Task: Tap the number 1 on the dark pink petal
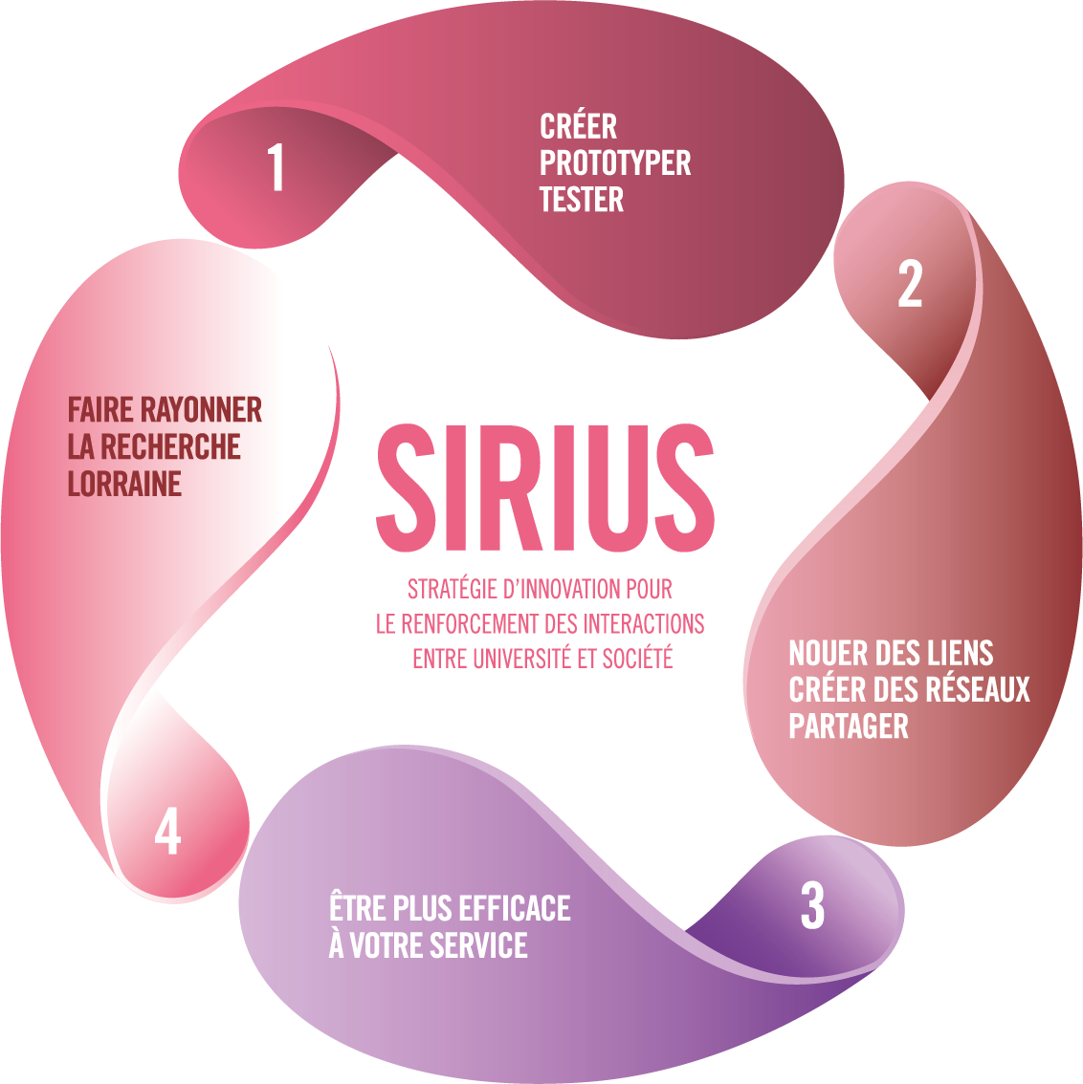coord(276,168)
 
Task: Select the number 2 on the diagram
coord(910,284)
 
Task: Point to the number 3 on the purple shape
coord(812,905)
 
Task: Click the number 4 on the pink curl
coord(167,831)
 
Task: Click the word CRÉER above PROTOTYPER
coord(578,127)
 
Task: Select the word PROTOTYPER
coord(615,163)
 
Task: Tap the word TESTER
coord(582,200)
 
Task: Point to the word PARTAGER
coord(848,726)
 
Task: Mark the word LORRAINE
coord(124,484)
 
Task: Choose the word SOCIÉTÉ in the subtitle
coord(637,659)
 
